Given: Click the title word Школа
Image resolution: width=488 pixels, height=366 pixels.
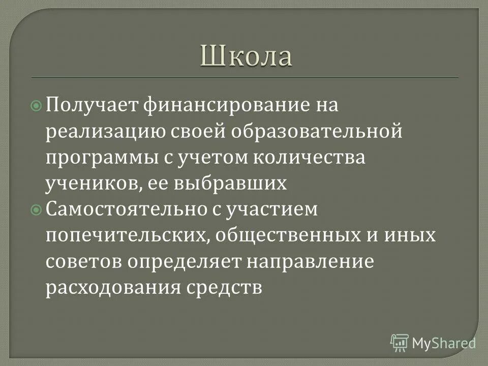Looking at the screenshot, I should pyautogui.click(x=246, y=55).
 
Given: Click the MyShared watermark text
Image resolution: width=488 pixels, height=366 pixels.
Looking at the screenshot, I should pyautogui.click(x=443, y=342).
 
